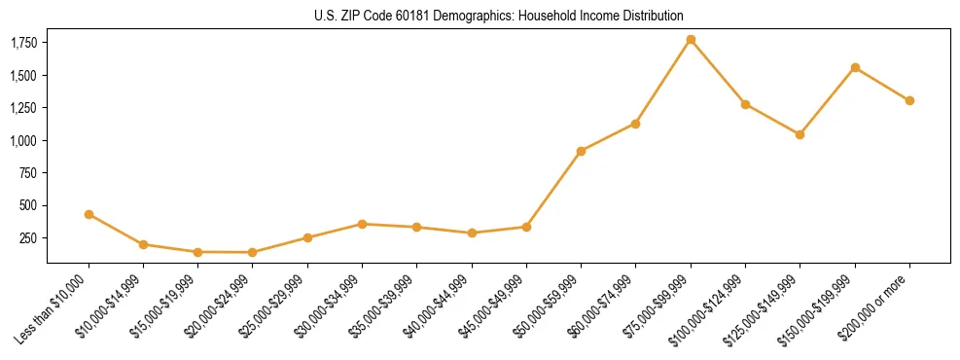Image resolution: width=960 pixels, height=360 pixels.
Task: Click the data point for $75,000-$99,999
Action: coord(691,40)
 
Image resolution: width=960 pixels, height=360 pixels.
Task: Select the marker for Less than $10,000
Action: coord(89,214)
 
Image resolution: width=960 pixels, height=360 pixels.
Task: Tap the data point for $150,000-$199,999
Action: coord(855,68)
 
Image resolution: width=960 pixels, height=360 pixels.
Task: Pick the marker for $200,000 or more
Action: coord(909,100)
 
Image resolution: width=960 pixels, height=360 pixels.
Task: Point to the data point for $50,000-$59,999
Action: coord(581,151)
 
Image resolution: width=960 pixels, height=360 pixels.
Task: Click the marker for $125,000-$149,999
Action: coord(800,134)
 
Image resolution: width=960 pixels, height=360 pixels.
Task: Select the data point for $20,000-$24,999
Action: coord(253,252)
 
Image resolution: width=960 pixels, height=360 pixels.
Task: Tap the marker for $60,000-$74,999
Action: coord(635,124)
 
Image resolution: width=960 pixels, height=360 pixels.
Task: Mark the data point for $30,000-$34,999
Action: coord(362,224)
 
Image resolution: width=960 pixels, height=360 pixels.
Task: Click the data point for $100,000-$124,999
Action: coord(745,104)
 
